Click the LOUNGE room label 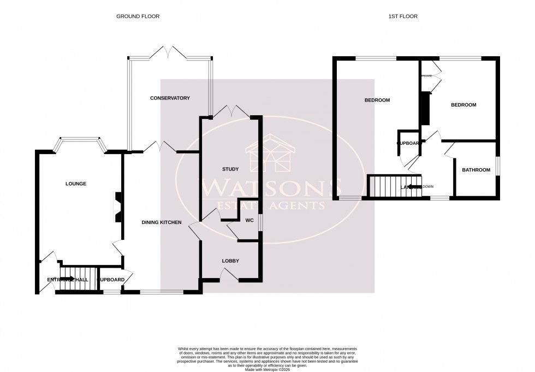coord(75,184)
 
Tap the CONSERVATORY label coord(170,98)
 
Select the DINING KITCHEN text coord(161,222)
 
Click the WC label coord(249,221)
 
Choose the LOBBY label coord(230,261)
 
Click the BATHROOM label coord(476,170)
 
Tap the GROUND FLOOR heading coord(138,16)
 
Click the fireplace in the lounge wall coord(118,208)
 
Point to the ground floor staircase coord(78,275)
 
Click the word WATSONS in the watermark coord(268,189)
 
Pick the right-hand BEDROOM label coord(463,105)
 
